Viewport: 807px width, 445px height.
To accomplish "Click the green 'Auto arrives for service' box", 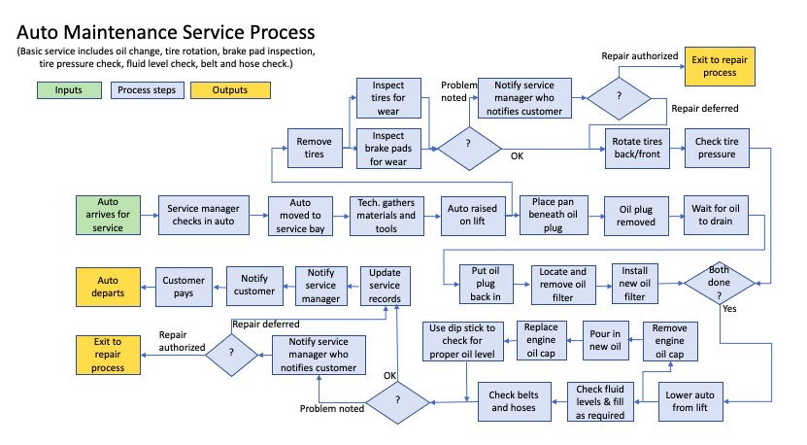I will pos(109,215).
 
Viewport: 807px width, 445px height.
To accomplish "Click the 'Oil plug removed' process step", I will pos(637,215).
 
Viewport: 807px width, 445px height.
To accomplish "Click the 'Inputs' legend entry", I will pos(68,90).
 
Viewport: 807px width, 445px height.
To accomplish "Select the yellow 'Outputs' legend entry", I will pos(229,90).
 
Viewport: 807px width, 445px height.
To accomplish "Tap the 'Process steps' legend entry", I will pos(149,90).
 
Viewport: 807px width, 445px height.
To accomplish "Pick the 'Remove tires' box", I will pos(314,148).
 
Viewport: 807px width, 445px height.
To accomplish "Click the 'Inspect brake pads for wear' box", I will pos(388,148).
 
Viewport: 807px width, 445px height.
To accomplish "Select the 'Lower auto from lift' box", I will pos(692,401).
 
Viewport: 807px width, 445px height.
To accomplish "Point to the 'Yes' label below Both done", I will pos(728,308).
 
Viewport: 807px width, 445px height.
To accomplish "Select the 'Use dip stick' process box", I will pos(463,341).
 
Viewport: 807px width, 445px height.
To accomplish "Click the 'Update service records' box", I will pos(385,286).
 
